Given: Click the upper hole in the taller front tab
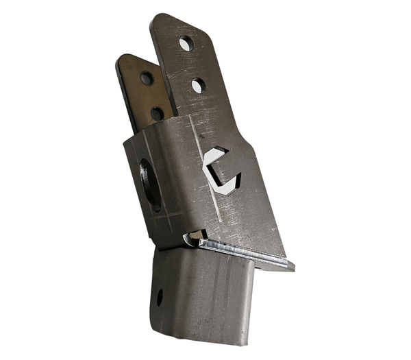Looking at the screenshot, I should (186, 44).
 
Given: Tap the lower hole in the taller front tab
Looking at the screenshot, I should (197, 86).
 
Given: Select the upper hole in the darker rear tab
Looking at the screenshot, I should (147, 78).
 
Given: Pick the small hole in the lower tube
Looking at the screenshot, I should (159, 298).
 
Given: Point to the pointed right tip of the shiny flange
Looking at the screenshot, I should (293, 267).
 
